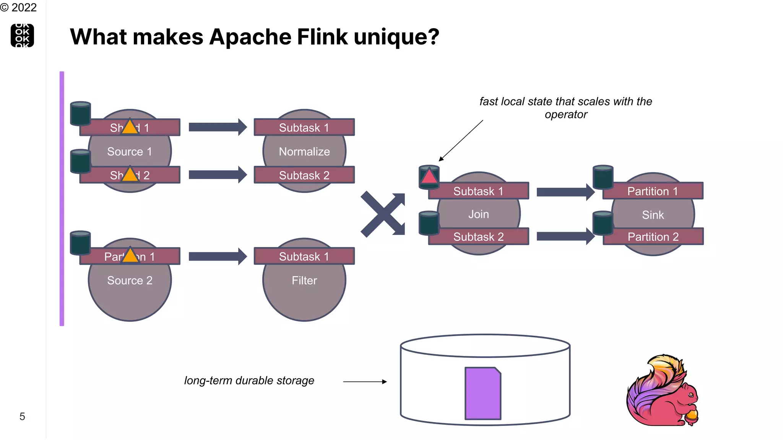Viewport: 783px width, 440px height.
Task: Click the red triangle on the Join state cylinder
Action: (429, 177)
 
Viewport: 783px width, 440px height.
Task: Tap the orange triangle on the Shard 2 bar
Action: (130, 175)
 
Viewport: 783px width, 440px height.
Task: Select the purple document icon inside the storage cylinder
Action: (483, 393)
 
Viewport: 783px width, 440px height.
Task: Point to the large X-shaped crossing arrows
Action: (383, 214)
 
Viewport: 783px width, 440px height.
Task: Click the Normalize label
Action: (304, 152)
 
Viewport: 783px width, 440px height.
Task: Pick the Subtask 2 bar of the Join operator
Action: (479, 237)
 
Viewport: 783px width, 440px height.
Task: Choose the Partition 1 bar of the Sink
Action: (653, 191)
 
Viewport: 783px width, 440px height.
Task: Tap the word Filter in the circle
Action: (304, 281)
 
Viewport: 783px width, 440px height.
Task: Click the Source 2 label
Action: (130, 281)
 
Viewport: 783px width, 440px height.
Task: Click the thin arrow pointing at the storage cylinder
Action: (365, 382)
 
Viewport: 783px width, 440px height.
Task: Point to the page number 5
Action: (22, 416)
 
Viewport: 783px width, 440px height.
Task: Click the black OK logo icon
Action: (22, 36)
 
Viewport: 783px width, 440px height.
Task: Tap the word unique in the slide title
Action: (396, 37)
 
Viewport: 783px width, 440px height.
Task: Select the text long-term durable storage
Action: (249, 381)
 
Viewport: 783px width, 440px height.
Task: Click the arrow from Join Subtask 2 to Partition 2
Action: (565, 236)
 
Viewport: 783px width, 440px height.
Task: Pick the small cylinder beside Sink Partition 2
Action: (603, 223)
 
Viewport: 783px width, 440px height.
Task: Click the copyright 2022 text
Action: (18, 7)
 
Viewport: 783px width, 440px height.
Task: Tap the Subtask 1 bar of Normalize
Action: (304, 128)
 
